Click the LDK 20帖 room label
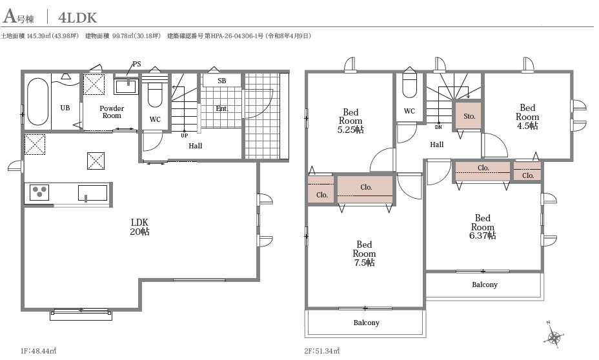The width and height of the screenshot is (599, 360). tap(140, 226)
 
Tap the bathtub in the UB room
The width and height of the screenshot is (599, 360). tap(38, 101)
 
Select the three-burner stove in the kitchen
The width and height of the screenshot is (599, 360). tap(39, 192)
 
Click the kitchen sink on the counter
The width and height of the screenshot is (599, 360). tap(92, 193)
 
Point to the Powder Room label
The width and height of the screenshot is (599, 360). tap(112, 112)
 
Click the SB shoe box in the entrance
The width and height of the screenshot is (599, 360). tap(221, 81)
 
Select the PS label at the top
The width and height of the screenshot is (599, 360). tap(137, 64)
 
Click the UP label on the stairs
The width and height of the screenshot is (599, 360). tap(184, 135)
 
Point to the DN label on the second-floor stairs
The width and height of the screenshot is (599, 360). tap(438, 127)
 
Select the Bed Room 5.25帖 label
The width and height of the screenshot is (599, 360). tap(350, 121)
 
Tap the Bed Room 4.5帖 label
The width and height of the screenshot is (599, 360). tap(527, 116)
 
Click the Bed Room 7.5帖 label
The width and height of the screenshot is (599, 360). tap(364, 253)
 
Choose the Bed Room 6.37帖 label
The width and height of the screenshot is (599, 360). tap(482, 226)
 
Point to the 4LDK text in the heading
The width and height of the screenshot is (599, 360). tap(77, 17)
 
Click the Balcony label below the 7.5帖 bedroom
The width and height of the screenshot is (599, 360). tap(366, 323)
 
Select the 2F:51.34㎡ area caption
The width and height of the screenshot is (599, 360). tap(321, 351)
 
